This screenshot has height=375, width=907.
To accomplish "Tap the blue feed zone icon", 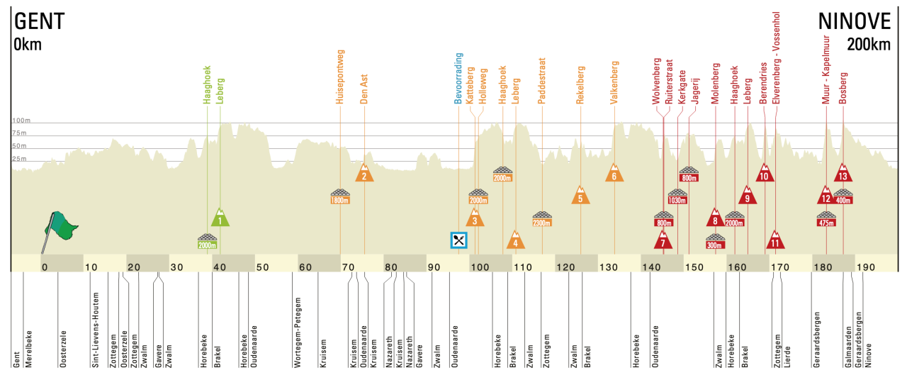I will point(459,240).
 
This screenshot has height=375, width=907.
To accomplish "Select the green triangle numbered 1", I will point(220,218).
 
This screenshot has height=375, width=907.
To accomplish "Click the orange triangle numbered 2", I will point(364,173).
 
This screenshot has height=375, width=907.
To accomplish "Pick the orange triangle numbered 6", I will point(614,173).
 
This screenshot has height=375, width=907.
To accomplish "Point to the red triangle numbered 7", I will point(663,241).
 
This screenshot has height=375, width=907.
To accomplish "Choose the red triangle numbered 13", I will point(843,173).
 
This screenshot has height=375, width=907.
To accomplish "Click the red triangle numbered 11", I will point(776,241).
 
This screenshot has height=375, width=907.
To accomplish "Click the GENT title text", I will point(40,21).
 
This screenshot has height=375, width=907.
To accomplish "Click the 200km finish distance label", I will point(868,45).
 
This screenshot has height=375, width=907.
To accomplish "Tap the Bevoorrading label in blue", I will point(459,79).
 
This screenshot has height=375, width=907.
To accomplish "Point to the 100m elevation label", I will point(22,121).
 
